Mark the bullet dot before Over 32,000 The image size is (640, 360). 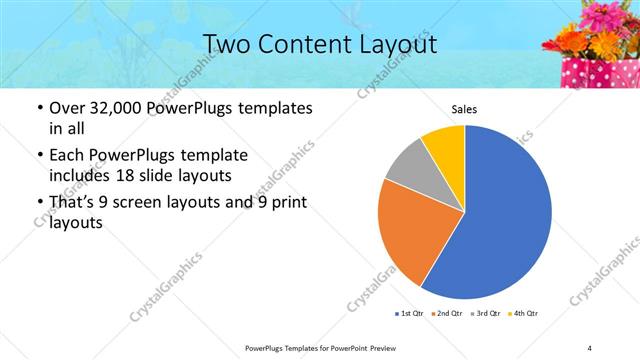pyautogui.click(x=39, y=108)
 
